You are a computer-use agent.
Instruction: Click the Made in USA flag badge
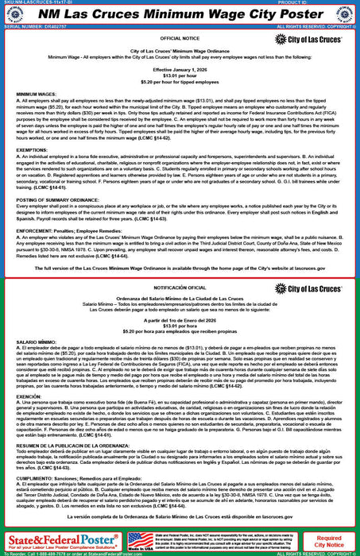tap(140, 541)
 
